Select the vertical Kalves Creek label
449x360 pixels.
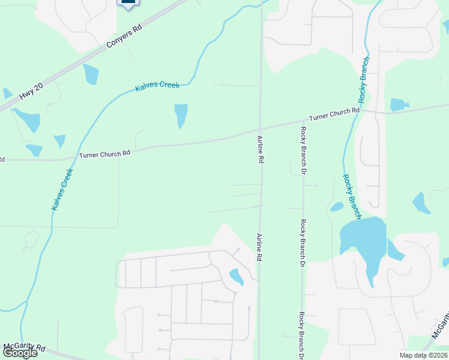pyautogui.click(x=62, y=189)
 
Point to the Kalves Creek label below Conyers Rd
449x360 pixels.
pyautogui.click(x=157, y=86)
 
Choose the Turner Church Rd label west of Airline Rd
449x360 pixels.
pyautogui.click(x=104, y=154)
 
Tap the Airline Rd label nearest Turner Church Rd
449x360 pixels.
pyautogui.click(x=261, y=150)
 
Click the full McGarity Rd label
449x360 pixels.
pyautogui.click(x=24, y=347)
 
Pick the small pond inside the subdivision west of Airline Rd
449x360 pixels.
pyautogui.click(x=237, y=277)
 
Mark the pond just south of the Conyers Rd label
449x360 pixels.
pyautogui.click(x=91, y=74)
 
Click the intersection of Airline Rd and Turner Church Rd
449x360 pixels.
pyautogui.click(x=261, y=129)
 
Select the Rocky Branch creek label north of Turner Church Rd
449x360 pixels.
pyautogui.click(x=364, y=81)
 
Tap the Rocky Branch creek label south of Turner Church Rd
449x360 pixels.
pyautogui.click(x=352, y=196)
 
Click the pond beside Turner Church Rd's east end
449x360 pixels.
pyautogui.click(x=399, y=105)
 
